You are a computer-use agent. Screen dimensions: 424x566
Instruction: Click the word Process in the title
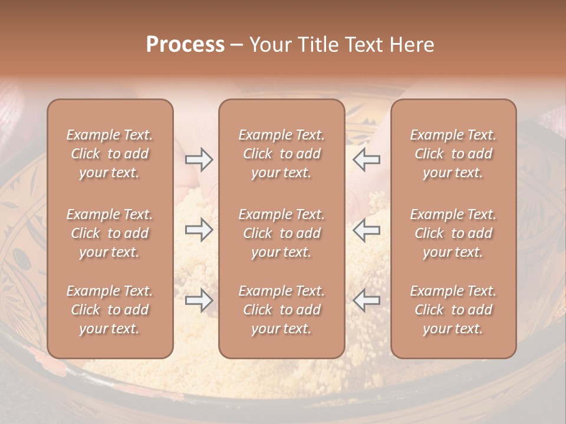[x=185, y=45]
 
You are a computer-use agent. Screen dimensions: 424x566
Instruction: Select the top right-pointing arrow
[x=199, y=160]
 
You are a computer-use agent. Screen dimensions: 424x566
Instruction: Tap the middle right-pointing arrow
[x=199, y=230]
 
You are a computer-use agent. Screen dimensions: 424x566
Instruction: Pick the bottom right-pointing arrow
[x=199, y=300]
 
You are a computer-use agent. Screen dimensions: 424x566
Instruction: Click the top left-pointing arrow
[x=366, y=160]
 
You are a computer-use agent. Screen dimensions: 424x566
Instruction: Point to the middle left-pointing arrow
[x=366, y=230]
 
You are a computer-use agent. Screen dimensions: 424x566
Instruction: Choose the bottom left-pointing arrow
[x=366, y=300]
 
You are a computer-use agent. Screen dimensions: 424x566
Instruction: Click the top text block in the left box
[x=110, y=154]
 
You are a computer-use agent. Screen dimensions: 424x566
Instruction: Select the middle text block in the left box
[x=110, y=233]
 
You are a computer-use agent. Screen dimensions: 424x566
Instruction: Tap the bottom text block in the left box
[x=110, y=310]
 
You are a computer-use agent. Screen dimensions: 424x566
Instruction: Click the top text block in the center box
[x=281, y=154]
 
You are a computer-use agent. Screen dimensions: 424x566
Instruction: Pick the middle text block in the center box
[x=281, y=233]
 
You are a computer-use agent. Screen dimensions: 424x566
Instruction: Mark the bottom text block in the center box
[x=281, y=310]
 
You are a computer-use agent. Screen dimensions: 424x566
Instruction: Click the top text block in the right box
[x=453, y=154]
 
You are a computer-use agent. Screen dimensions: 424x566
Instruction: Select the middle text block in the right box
[x=453, y=233]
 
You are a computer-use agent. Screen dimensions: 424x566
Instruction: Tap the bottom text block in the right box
[x=453, y=310]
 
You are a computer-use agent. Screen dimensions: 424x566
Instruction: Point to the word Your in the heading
[x=270, y=45]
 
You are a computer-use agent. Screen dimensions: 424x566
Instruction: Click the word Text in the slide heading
[x=363, y=45]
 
